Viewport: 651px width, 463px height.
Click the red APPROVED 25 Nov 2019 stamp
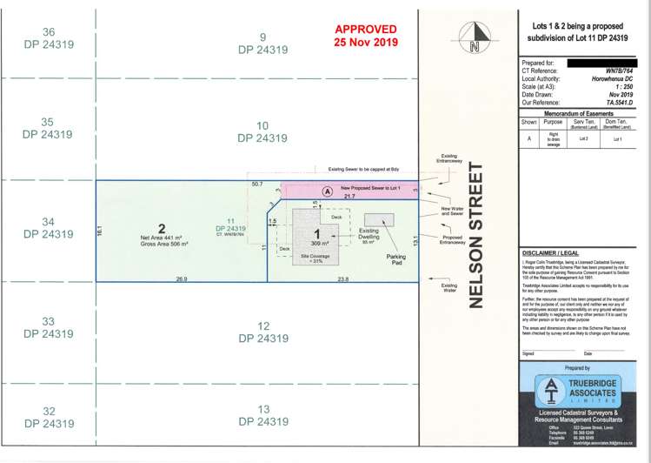pyautogui.click(x=366, y=36)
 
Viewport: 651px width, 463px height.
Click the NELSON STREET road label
pyautogui.click(x=475, y=235)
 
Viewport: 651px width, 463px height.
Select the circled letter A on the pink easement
pyautogui.click(x=327, y=191)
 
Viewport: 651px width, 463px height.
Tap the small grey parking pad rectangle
pyautogui.click(x=385, y=219)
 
